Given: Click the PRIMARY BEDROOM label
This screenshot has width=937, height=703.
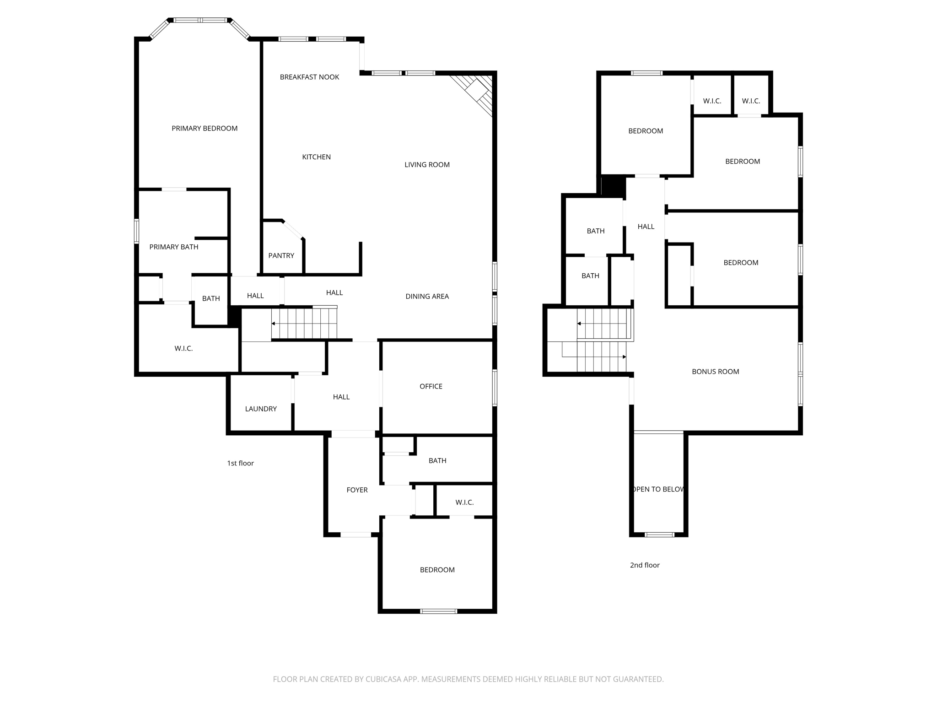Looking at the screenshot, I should (205, 129).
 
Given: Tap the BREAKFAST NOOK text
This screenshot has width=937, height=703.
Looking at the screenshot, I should (309, 77).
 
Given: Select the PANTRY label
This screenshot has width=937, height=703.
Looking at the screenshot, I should (281, 256).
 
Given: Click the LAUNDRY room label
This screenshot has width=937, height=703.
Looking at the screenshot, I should (261, 409).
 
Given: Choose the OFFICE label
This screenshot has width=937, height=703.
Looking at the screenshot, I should (431, 387).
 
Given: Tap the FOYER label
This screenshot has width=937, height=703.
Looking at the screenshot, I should (357, 490).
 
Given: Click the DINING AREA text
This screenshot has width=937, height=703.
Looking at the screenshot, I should (427, 297).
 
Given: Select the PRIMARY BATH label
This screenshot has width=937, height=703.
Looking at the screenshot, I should (174, 247).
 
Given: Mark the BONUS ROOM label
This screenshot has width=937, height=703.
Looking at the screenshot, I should (715, 372).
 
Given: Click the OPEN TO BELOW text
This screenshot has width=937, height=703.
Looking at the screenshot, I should (658, 489).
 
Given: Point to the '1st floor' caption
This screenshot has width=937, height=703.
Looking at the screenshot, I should (240, 463).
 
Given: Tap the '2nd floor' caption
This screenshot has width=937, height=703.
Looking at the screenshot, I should (645, 565).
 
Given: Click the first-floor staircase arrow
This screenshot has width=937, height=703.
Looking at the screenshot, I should (274, 324).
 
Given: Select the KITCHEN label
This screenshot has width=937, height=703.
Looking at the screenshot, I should (316, 157).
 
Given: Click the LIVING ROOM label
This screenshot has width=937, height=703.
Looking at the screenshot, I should (427, 165).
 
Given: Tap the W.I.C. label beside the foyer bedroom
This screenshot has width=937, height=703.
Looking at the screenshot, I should (464, 503).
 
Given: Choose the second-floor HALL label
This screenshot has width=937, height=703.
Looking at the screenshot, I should (646, 227).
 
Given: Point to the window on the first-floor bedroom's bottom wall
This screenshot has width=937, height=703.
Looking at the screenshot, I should (438, 611).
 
